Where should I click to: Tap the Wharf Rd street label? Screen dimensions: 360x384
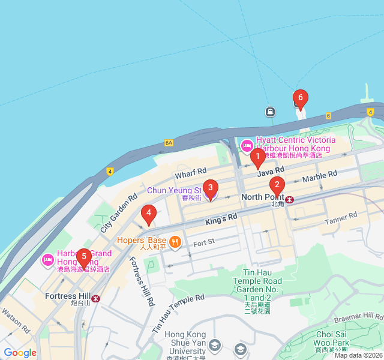pos(191,173)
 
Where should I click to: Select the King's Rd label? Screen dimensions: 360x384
pos(221,220)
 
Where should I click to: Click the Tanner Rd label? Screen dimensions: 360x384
pos(341,218)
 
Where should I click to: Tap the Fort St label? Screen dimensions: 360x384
pos(203,242)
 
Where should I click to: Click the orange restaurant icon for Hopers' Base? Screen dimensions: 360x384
pos(175,242)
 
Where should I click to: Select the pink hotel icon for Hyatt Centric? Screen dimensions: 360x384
pos(247,145)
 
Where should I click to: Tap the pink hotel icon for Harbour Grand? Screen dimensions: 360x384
pos(48,260)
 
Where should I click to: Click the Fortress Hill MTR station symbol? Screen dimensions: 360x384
pos(96,298)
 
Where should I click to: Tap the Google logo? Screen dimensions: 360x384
pos(20,353)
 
